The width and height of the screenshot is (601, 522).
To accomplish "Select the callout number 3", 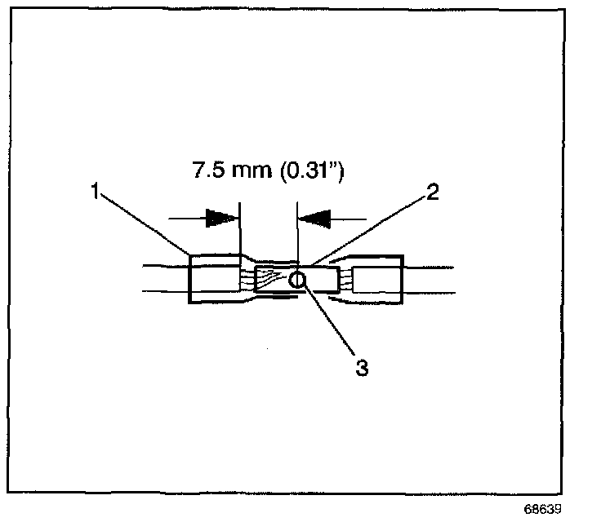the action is click(x=360, y=368).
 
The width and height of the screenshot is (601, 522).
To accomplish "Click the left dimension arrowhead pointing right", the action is click(x=220, y=218).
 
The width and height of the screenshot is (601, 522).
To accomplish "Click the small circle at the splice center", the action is click(x=298, y=281).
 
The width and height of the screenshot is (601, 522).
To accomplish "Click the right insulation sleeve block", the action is click(x=378, y=281).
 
